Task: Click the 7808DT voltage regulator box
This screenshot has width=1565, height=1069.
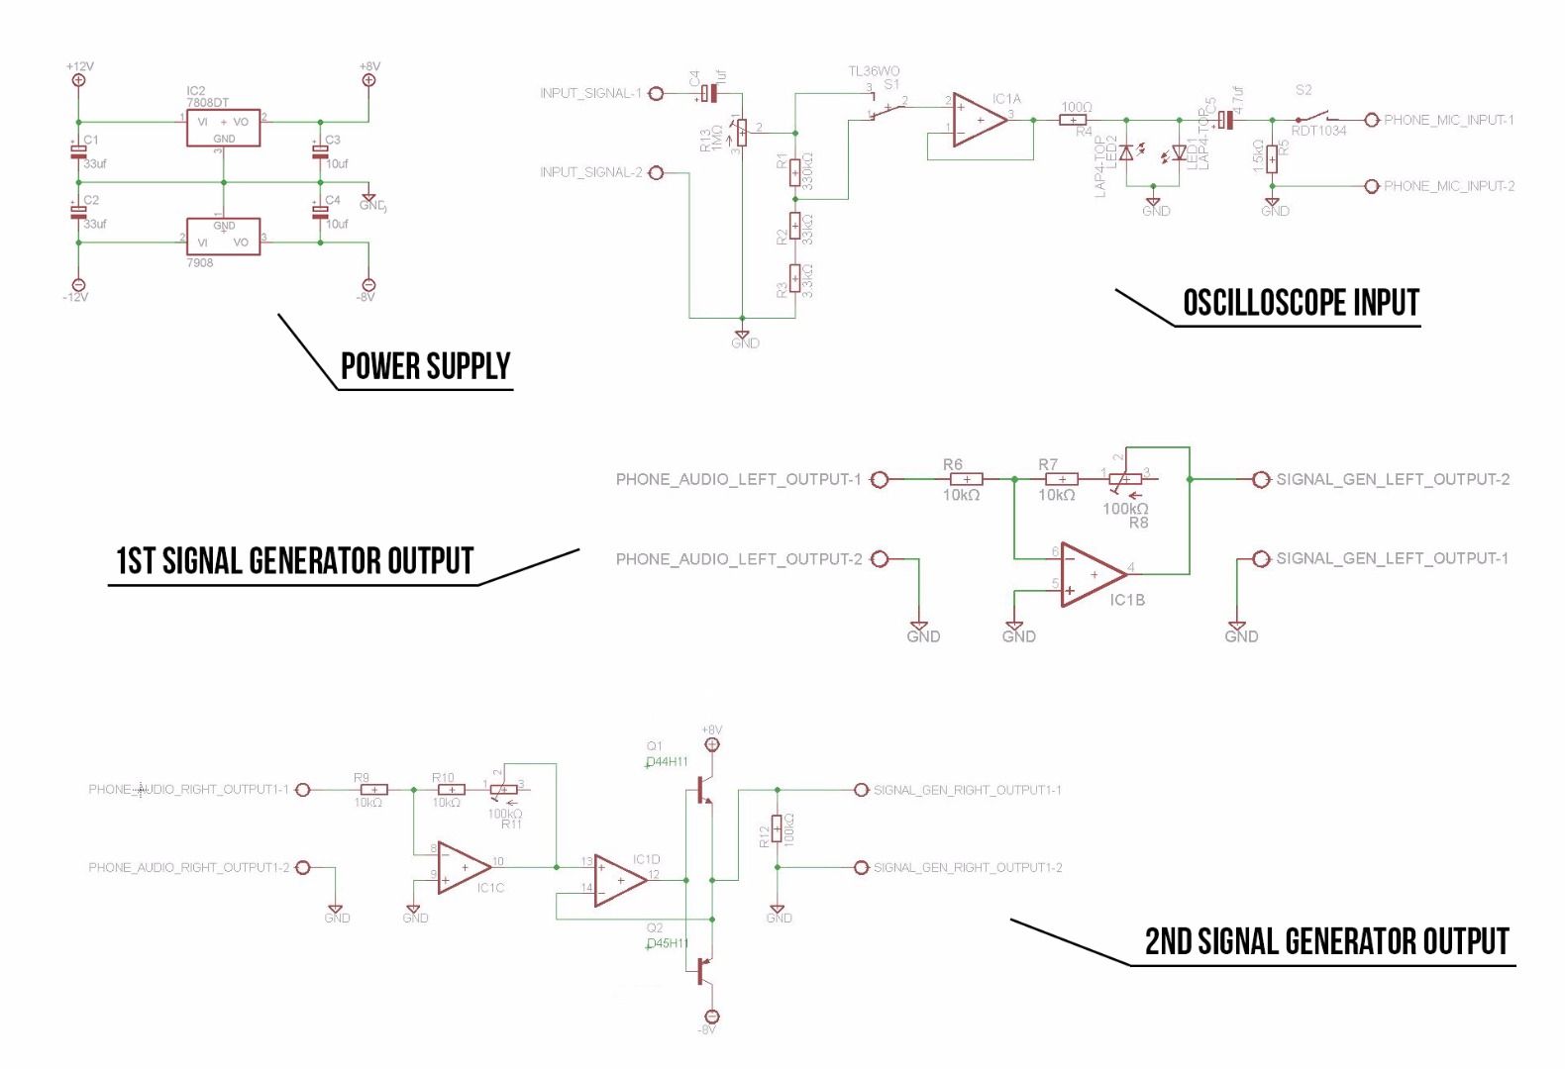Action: pos(224,128)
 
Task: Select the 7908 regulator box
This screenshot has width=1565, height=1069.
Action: pos(224,237)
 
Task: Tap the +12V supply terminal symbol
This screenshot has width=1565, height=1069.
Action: pos(78,80)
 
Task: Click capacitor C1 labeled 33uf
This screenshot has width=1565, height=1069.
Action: pos(78,151)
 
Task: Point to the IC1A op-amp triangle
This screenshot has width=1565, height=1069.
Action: pos(980,121)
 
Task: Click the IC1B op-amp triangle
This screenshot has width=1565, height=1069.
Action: pos(1093,574)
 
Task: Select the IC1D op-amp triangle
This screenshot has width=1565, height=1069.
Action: pos(620,880)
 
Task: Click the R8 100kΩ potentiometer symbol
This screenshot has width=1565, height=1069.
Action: pos(1125,479)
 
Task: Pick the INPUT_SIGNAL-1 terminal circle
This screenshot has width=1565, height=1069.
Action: pos(655,94)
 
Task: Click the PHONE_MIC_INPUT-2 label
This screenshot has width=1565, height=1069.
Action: pos(1448,186)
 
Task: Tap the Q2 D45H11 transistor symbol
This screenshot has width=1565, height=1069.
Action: pos(701,970)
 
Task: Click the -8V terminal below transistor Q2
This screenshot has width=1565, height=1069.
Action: pos(711,1017)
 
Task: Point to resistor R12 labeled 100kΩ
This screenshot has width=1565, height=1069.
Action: pos(778,827)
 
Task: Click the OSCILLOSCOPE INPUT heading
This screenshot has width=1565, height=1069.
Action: pos(1301,303)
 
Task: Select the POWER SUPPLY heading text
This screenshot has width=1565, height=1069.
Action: pos(425,366)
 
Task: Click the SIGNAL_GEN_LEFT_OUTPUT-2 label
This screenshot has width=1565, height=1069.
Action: pos(1393,479)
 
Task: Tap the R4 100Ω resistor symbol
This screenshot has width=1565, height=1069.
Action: pos(1073,121)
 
